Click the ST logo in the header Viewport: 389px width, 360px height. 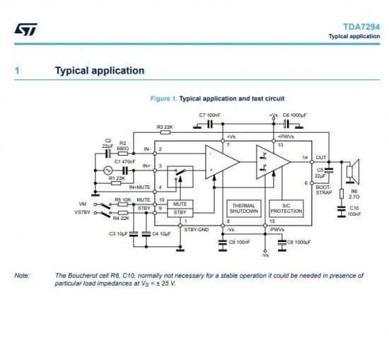[25, 30]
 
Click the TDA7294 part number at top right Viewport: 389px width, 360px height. [361, 27]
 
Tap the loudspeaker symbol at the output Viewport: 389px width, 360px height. [353, 172]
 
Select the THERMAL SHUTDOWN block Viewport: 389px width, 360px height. [244, 209]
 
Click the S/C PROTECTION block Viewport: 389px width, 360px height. [286, 209]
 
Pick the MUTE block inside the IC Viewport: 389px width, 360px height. [180, 204]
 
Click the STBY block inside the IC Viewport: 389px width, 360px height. [180, 213]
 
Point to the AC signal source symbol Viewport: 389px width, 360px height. [108, 170]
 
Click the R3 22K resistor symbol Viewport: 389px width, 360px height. [166, 132]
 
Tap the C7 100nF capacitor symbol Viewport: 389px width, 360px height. [210, 124]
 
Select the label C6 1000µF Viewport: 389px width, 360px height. [295, 115]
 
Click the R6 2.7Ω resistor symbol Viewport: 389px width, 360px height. [342, 194]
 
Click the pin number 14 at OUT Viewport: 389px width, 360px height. [305, 157]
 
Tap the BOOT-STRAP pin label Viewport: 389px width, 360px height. [324, 190]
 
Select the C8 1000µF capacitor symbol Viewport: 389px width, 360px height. [282, 243]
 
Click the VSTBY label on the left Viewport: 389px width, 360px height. [82, 212]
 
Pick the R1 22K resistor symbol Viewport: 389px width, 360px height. [116, 183]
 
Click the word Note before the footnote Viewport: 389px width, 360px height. [22, 275]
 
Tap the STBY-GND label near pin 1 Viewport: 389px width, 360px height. [197, 230]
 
